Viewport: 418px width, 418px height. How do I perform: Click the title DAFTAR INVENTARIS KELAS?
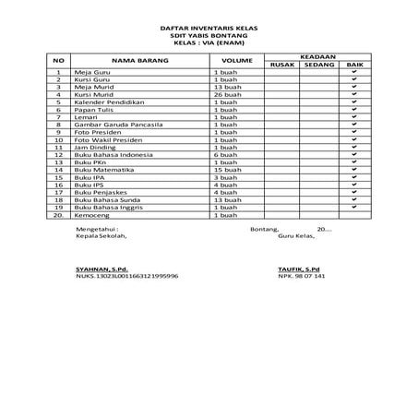point(209,30)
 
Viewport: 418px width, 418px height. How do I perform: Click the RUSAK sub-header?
point(281,64)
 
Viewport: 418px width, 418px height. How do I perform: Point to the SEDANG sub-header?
point(318,64)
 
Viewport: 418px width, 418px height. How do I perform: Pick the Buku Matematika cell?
point(102,170)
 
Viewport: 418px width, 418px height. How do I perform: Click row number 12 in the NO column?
point(58,154)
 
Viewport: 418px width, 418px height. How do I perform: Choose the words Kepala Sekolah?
point(102,235)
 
